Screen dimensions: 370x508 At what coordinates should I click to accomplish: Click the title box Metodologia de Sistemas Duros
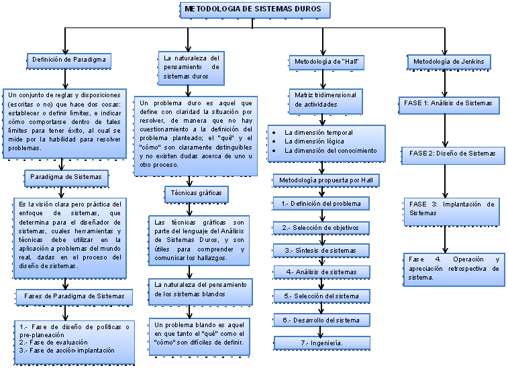click(254, 9)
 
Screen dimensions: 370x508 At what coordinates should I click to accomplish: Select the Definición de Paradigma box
click(69, 60)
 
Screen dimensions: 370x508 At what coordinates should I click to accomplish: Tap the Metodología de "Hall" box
click(325, 62)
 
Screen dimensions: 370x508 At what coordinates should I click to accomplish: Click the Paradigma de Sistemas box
click(66, 177)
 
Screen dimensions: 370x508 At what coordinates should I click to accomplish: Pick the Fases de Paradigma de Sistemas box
click(74, 296)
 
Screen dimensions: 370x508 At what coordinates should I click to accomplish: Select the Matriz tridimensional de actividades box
click(325, 100)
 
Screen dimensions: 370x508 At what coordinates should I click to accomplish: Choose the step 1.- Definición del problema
click(321, 203)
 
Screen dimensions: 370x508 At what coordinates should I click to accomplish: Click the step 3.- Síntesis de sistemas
click(321, 250)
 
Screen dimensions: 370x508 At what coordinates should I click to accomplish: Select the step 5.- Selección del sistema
click(321, 296)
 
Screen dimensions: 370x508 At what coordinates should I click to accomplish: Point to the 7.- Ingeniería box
click(321, 343)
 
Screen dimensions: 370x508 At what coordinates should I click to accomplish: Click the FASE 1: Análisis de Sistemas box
click(449, 103)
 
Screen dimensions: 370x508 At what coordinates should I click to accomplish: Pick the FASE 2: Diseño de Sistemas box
click(452, 153)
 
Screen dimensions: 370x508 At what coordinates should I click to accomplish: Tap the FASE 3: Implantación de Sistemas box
click(451, 208)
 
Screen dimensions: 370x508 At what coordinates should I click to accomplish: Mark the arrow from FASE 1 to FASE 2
click(445, 130)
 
